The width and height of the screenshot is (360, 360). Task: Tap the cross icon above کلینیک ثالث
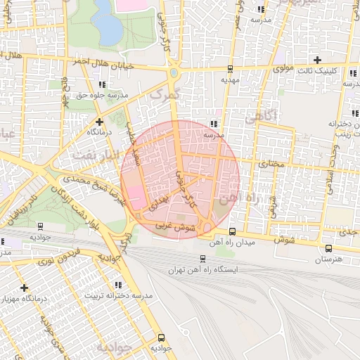point(318,60)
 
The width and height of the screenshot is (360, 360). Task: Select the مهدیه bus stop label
point(231,79)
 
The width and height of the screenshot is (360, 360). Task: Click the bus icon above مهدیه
point(231,69)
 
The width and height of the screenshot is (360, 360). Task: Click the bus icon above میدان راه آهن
point(233,231)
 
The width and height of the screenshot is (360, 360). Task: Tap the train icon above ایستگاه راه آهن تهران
point(202,258)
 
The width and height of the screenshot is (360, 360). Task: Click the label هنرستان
point(328,259)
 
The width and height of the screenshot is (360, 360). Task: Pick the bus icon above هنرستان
point(328,248)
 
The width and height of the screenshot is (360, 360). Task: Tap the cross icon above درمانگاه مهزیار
point(25,288)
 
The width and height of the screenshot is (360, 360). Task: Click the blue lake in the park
point(107,22)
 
